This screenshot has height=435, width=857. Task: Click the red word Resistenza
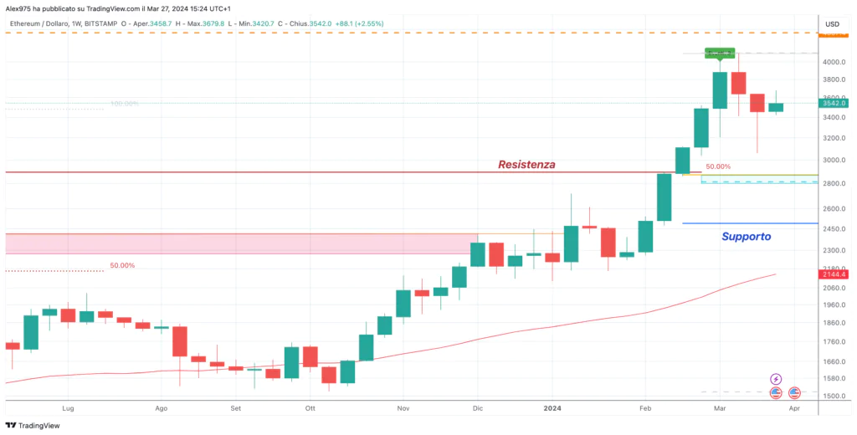(x=526, y=164)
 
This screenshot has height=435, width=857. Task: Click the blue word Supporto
(x=746, y=237)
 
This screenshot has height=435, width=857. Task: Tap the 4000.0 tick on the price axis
(x=831, y=62)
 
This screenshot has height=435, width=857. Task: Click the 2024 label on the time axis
(x=552, y=408)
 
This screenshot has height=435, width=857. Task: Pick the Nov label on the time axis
(x=403, y=408)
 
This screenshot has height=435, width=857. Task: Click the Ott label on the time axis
(x=310, y=408)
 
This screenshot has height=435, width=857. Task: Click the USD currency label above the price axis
(x=832, y=23)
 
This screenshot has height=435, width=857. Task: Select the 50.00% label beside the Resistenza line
(x=717, y=166)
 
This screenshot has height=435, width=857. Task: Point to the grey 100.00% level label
(x=124, y=104)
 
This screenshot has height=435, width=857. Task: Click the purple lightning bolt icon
(x=776, y=379)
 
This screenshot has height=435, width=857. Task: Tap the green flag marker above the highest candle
(x=720, y=54)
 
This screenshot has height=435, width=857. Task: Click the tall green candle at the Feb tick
(x=664, y=197)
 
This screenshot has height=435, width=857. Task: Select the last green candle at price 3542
(x=776, y=107)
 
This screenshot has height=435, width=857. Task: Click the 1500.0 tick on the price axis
(x=831, y=396)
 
